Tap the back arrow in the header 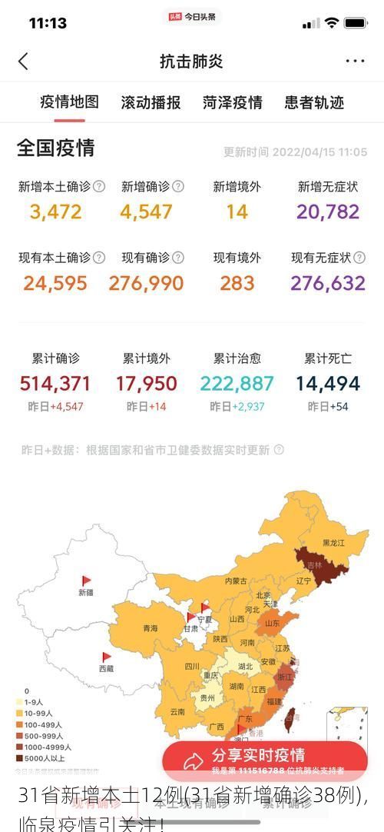point(23,62)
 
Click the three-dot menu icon point(355,62)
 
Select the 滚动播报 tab point(151,102)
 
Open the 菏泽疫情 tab point(233,102)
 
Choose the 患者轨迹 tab point(314,102)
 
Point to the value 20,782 point(328,211)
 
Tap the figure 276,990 point(146,283)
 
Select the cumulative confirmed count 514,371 point(55,383)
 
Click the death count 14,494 point(328,383)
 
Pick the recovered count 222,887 point(237,383)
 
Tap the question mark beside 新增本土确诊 point(99,186)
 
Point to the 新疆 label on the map point(85,592)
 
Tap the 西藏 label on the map point(106,669)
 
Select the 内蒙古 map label point(236,581)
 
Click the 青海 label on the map point(150,628)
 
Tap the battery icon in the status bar point(356,23)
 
